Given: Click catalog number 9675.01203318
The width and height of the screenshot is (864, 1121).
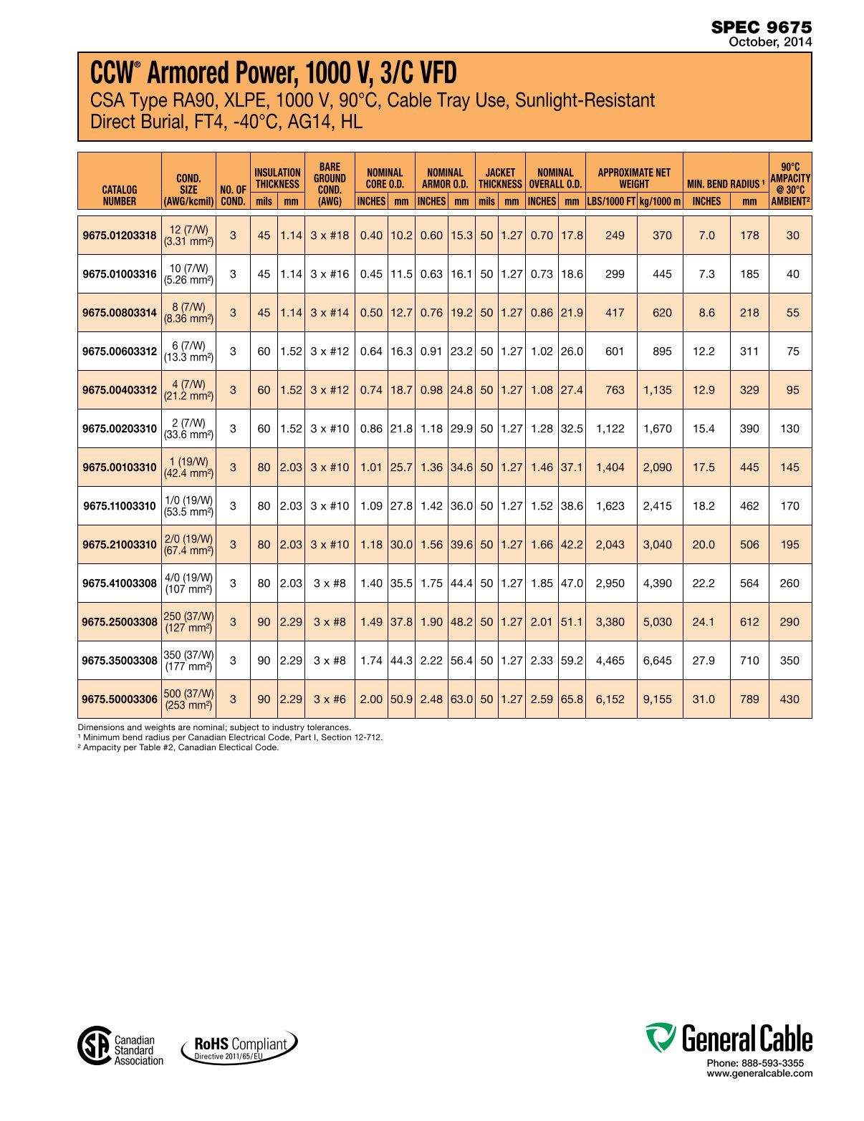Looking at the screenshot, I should (119, 236).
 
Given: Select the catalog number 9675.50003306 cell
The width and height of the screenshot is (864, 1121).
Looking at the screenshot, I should (119, 699).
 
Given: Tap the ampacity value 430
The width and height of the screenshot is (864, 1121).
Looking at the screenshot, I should (789, 699).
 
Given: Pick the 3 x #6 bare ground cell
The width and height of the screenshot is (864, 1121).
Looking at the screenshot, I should (330, 699).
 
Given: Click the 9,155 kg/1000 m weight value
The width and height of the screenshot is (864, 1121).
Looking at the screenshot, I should (658, 699).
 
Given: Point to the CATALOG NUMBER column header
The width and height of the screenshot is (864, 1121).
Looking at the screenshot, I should (119, 195).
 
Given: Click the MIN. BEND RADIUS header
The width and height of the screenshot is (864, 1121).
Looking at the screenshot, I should (725, 184).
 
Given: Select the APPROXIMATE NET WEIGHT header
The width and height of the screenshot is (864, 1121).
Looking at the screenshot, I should (634, 178).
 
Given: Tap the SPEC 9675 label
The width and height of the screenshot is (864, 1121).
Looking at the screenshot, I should (762, 27).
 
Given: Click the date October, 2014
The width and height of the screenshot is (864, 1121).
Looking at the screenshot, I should (770, 42).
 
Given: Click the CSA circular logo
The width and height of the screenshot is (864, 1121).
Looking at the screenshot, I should (95, 1045).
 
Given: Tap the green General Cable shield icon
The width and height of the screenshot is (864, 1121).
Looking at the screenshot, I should (660, 1037).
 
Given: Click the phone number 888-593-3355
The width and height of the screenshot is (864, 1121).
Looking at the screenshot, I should (755, 1063).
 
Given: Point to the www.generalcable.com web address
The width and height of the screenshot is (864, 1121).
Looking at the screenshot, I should (759, 1073).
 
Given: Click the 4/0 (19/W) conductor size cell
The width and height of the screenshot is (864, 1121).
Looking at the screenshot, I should (188, 583).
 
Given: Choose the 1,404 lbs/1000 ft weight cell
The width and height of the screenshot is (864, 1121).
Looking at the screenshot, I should (610, 467).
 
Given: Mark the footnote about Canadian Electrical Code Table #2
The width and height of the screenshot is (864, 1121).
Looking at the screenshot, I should (178, 747).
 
